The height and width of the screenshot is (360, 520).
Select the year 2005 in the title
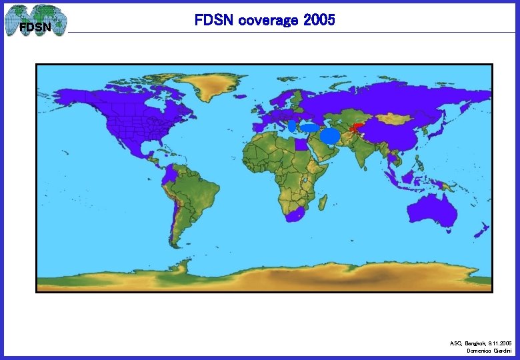click(x=319, y=21)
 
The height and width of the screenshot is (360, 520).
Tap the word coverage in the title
click(x=265, y=21)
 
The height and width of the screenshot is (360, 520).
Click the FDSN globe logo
click(x=35, y=21)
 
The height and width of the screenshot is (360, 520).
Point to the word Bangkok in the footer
click(x=475, y=343)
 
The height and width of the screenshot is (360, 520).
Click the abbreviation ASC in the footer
click(x=455, y=343)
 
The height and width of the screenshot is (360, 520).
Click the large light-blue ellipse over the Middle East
click(x=331, y=136)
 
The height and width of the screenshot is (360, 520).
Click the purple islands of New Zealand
click(x=481, y=231)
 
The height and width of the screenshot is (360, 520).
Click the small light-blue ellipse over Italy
click(x=292, y=125)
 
